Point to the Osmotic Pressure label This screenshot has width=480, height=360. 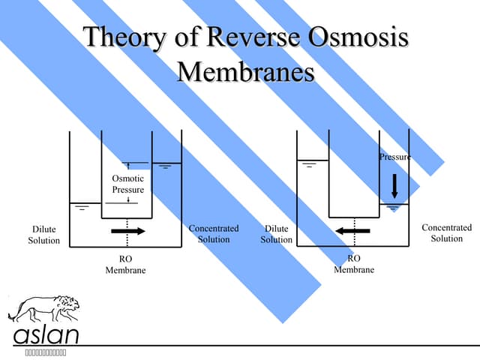[127, 184]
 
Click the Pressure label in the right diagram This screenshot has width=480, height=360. [394, 157]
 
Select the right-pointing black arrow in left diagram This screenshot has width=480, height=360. [127, 231]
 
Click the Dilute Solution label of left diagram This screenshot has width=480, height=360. [43, 235]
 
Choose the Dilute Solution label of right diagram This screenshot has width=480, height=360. [276, 234]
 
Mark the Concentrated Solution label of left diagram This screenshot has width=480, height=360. [214, 233]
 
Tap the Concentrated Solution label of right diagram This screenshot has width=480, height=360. [446, 232]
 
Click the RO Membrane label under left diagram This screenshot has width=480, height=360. [125, 265]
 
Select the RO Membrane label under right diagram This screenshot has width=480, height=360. [354, 264]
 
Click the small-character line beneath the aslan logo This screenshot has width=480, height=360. [45, 352]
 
